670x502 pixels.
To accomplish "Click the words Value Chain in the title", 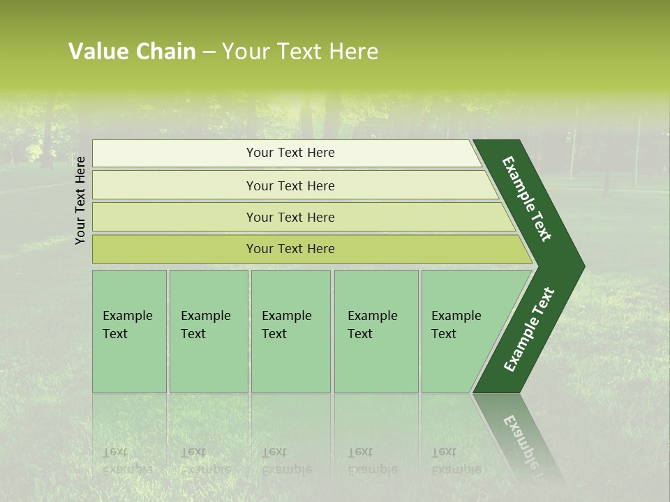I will (132, 52).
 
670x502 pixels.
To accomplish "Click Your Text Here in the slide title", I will (300, 52).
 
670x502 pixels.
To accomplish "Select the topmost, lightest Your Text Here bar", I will (290, 153).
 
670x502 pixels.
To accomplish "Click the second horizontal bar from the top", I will (290, 185).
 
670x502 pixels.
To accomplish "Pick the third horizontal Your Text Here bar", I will (290, 217).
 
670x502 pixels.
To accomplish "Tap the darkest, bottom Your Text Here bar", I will (290, 249).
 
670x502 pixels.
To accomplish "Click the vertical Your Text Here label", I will (80, 200).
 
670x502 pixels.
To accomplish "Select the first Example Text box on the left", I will (128, 331).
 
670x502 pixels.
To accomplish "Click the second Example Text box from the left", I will (207, 331).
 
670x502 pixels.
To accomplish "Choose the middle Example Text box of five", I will (290, 331).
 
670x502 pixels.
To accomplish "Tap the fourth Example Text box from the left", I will (375, 331).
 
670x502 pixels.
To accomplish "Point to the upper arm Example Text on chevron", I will (528, 199).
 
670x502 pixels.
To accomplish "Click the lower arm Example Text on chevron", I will (529, 329).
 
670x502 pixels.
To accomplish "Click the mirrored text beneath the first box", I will (127, 461).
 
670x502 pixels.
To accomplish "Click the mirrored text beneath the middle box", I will (287, 461).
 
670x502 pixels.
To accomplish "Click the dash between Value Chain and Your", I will (209, 52).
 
